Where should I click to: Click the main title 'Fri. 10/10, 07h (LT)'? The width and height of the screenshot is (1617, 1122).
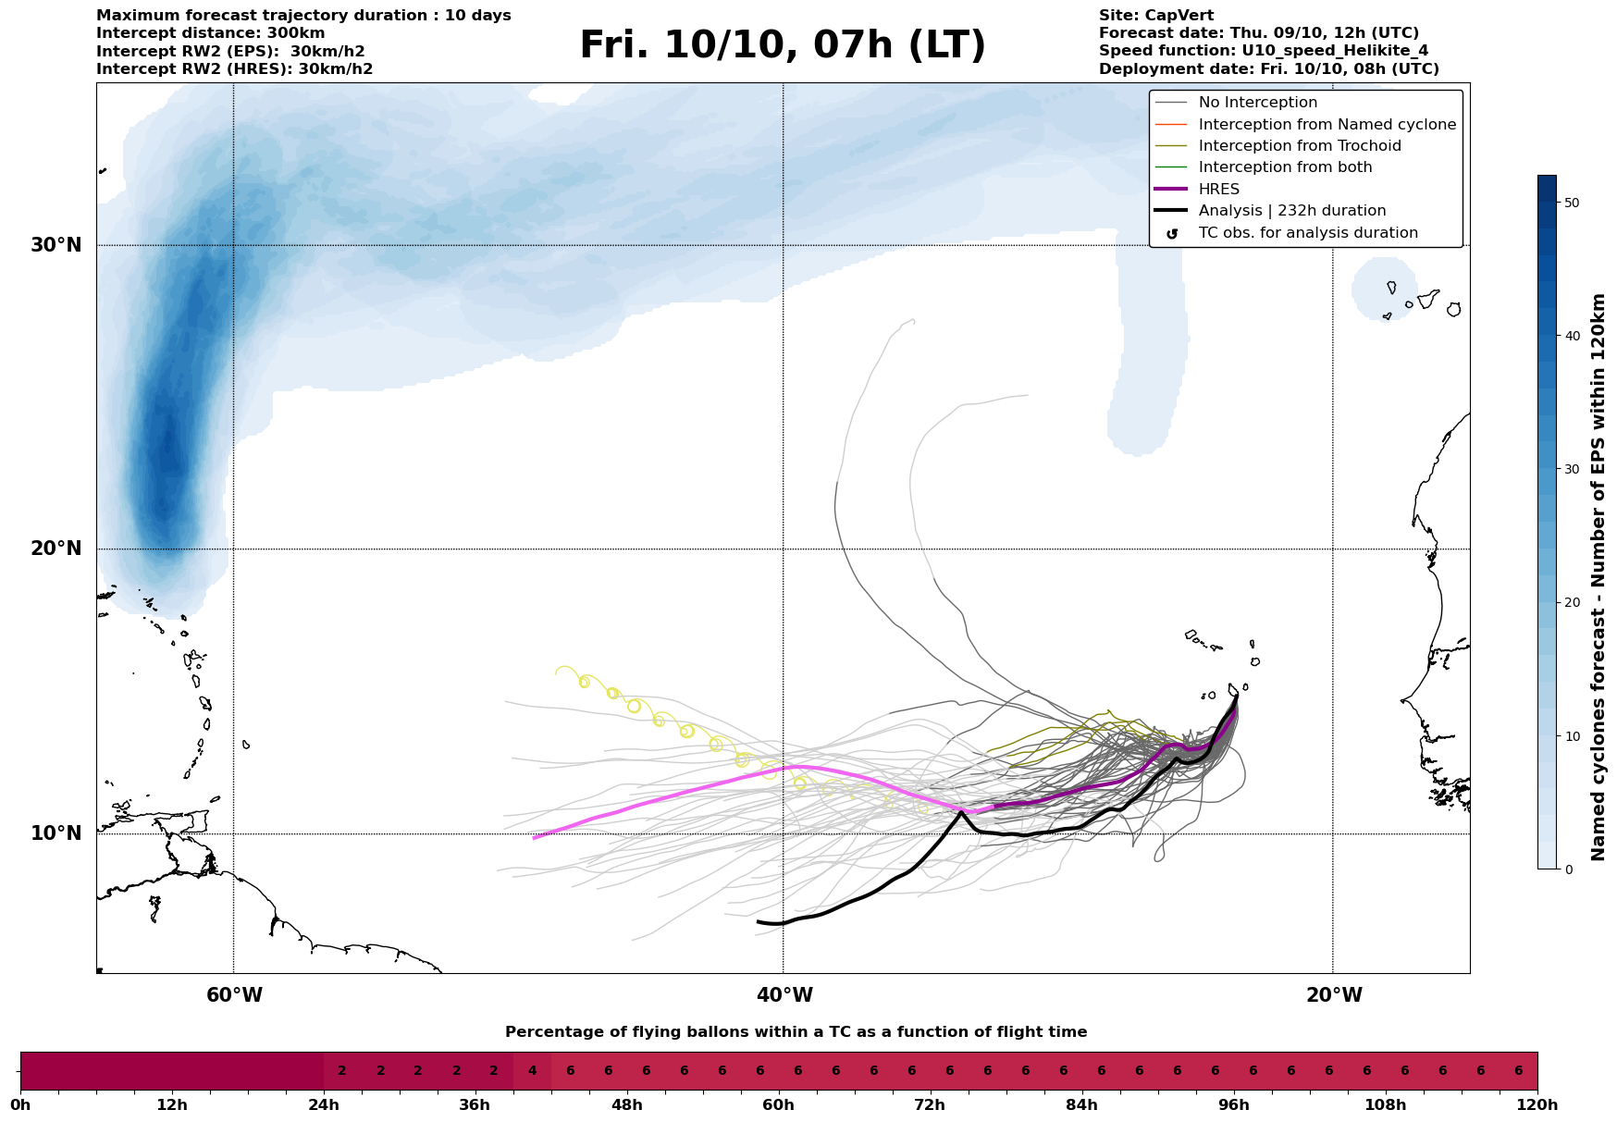(x=783, y=45)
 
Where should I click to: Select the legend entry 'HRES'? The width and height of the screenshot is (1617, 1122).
(x=1218, y=190)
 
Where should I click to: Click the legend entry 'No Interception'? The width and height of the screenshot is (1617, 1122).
(x=1257, y=103)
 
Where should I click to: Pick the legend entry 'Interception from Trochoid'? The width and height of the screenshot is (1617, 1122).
(x=1299, y=146)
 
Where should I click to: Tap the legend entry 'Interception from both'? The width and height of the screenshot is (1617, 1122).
(x=1285, y=167)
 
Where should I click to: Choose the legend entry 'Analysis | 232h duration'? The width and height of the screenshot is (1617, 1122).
(x=1291, y=211)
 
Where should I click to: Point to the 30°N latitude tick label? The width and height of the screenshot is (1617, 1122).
(x=56, y=245)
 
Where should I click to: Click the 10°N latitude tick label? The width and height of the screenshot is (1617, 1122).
(x=56, y=833)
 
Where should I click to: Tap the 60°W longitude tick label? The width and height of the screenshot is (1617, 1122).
(x=234, y=995)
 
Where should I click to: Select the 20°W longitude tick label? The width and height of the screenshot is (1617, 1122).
(x=1333, y=995)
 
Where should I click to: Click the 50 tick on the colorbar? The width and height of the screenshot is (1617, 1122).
(x=1571, y=203)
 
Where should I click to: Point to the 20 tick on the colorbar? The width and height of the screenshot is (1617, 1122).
(x=1571, y=602)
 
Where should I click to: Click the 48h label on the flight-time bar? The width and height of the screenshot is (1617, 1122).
(x=626, y=1104)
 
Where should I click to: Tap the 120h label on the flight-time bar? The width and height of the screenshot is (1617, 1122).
(x=1537, y=1104)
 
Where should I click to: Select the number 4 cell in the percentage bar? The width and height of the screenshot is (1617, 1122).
(x=532, y=1071)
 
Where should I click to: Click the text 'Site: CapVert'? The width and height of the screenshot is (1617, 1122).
(x=1155, y=16)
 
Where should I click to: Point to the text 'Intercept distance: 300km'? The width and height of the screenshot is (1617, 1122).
(x=210, y=33)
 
